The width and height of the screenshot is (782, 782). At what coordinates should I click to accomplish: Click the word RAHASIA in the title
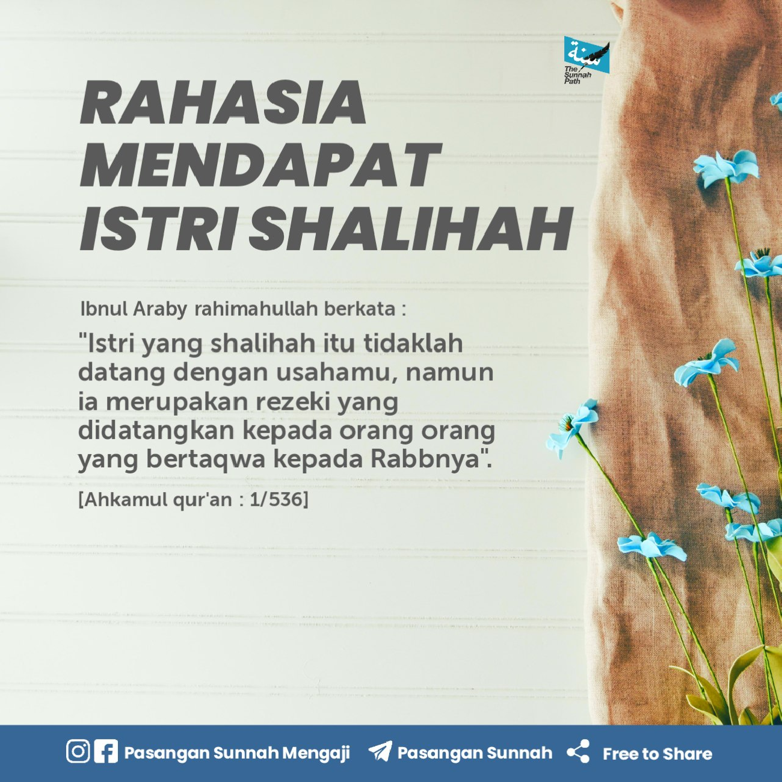pyautogui.click(x=223, y=102)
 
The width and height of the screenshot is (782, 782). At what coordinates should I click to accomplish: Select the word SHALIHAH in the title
pyautogui.click(x=410, y=229)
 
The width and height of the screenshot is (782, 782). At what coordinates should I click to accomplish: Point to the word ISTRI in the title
pyautogui.click(x=158, y=229)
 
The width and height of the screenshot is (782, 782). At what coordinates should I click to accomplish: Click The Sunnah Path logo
pyautogui.click(x=586, y=60)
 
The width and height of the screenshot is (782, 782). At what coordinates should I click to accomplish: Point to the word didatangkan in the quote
pyautogui.click(x=157, y=431)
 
